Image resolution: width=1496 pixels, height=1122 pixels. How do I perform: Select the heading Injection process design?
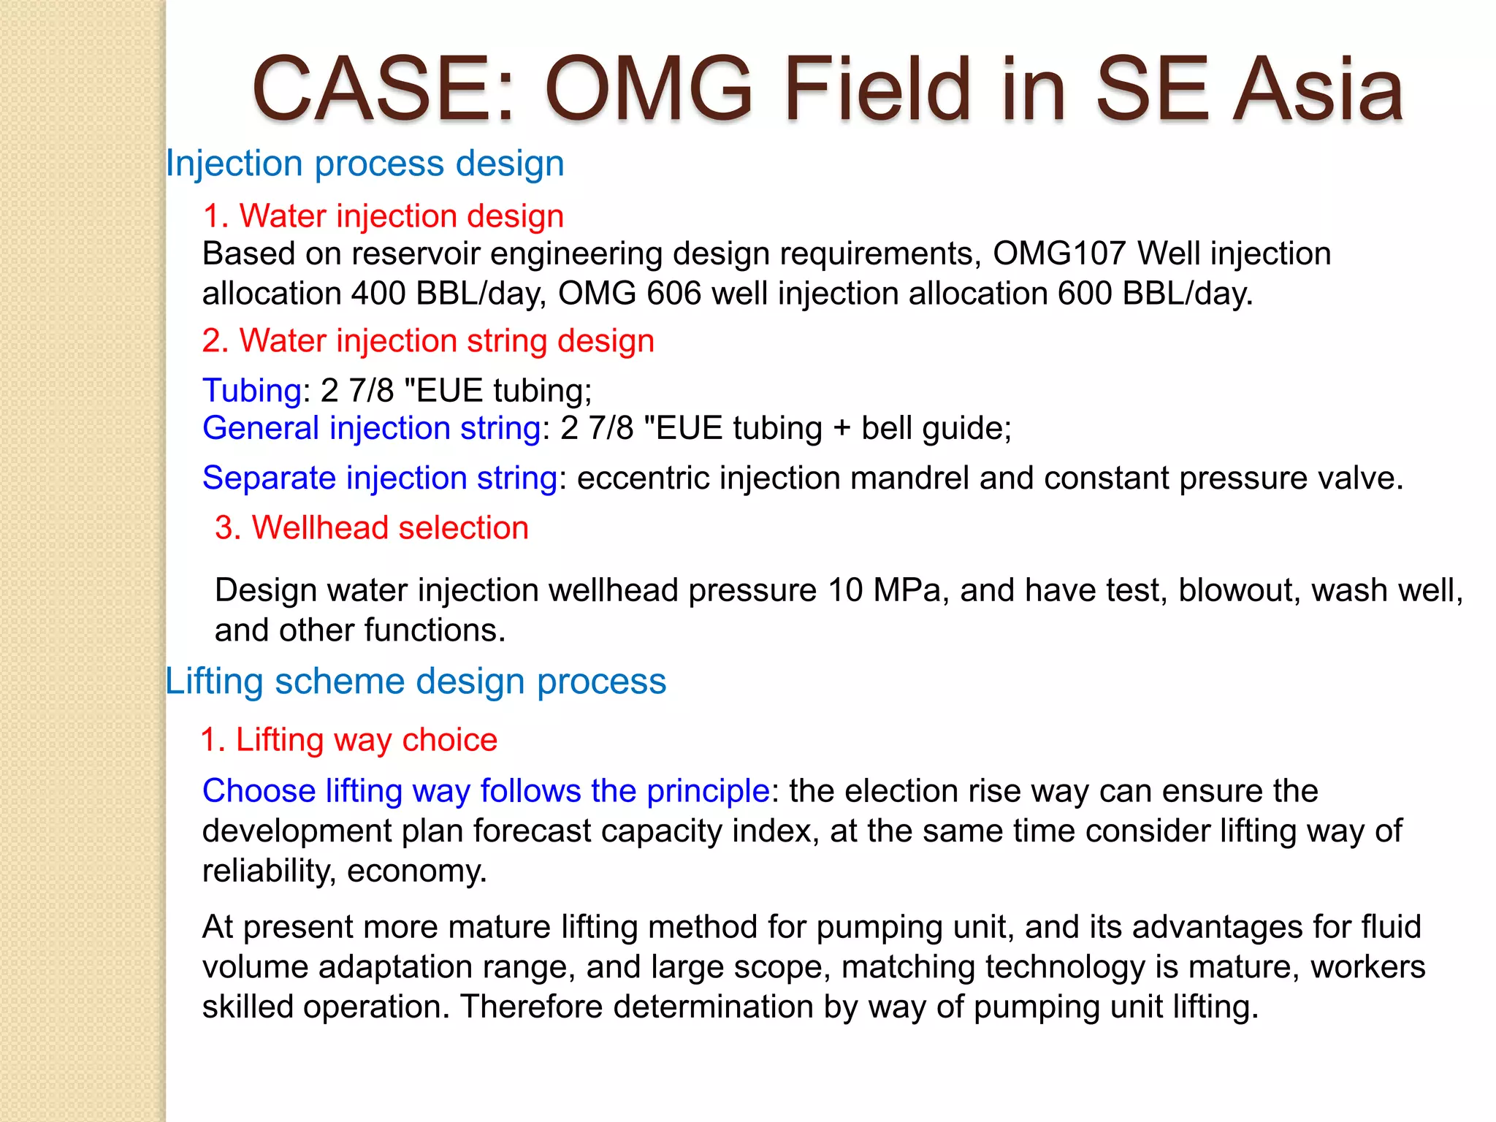click(x=365, y=163)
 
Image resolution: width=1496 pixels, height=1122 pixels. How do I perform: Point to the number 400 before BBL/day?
click(x=378, y=294)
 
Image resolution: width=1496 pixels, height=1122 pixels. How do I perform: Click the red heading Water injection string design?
click(x=428, y=341)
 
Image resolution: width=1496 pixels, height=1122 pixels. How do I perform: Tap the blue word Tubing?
click(x=251, y=391)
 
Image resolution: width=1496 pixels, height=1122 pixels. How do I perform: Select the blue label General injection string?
click(x=372, y=428)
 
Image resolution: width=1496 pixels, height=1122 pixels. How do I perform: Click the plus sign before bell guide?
click(x=841, y=429)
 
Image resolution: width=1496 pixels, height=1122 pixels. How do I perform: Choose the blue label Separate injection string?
click(x=380, y=478)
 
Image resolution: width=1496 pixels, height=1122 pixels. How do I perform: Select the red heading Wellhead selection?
click(x=372, y=527)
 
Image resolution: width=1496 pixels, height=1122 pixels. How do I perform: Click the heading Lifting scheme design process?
click(x=416, y=682)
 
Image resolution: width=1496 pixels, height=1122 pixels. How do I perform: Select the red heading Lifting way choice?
click(x=349, y=740)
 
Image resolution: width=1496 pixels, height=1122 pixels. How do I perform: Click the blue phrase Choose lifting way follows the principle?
click(x=486, y=791)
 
